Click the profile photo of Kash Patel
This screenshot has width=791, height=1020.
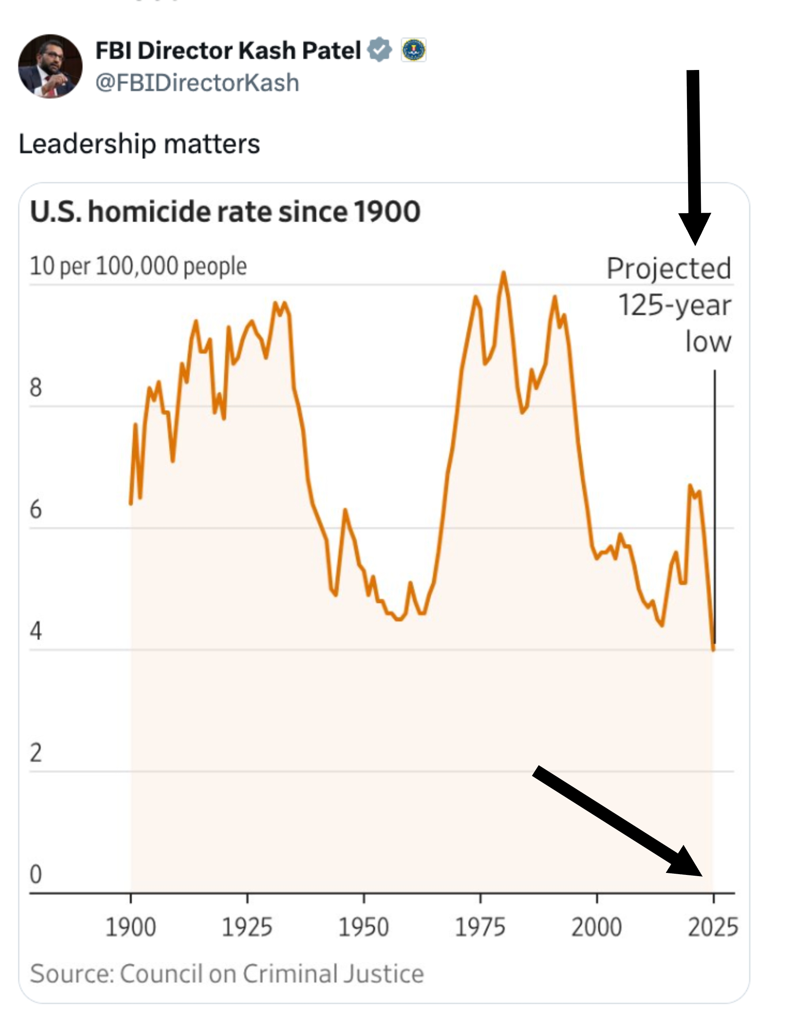pyautogui.click(x=50, y=66)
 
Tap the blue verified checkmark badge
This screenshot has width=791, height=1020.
pyautogui.click(x=379, y=49)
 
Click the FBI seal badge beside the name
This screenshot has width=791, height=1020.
pyautogui.click(x=413, y=49)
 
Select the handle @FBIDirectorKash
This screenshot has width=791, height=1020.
pyautogui.click(x=197, y=83)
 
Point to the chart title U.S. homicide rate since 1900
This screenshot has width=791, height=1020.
pyautogui.click(x=225, y=212)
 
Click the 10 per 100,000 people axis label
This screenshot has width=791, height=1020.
pyautogui.click(x=138, y=266)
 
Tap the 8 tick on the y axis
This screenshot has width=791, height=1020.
pyautogui.click(x=36, y=387)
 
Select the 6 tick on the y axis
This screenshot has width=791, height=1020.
pyautogui.click(x=36, y=509)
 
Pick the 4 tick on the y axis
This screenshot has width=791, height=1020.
pyautogui.click(x=36, y=631)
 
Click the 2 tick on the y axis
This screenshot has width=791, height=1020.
pyautogui.click(x=36, y=753)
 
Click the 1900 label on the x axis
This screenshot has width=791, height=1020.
pyautogui.click(x=131, y=927)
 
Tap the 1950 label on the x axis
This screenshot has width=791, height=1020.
pyautogui.click(x=363, y=927)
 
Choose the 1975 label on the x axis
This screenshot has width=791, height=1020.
pyautogui.click(x=480, y=927)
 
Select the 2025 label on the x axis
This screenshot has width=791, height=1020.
pyautogui.click(x=713, y=927)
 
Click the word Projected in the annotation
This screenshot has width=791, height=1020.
pyautogui.click(x=668, y=268)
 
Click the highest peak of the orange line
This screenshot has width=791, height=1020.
pyautogui.click(x=503, y=273)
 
